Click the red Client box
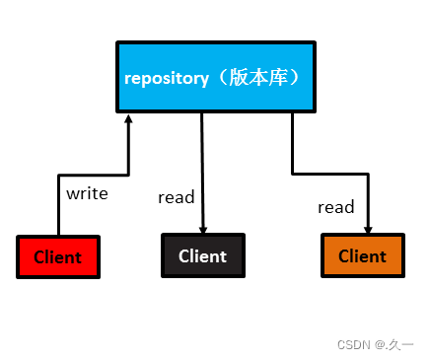point(58,256)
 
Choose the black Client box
point(202,255)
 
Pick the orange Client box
point(362,255)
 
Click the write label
point(87,193)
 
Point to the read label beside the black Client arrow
point(176,197)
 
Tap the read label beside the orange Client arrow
point(335,207)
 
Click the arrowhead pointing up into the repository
point(129,119)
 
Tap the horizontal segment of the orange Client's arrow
point(330,175)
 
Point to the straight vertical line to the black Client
point(202,168)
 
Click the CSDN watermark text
point(353,344)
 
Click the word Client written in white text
point(202,256)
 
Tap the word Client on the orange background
point(362,256)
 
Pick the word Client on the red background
point(58,257)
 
